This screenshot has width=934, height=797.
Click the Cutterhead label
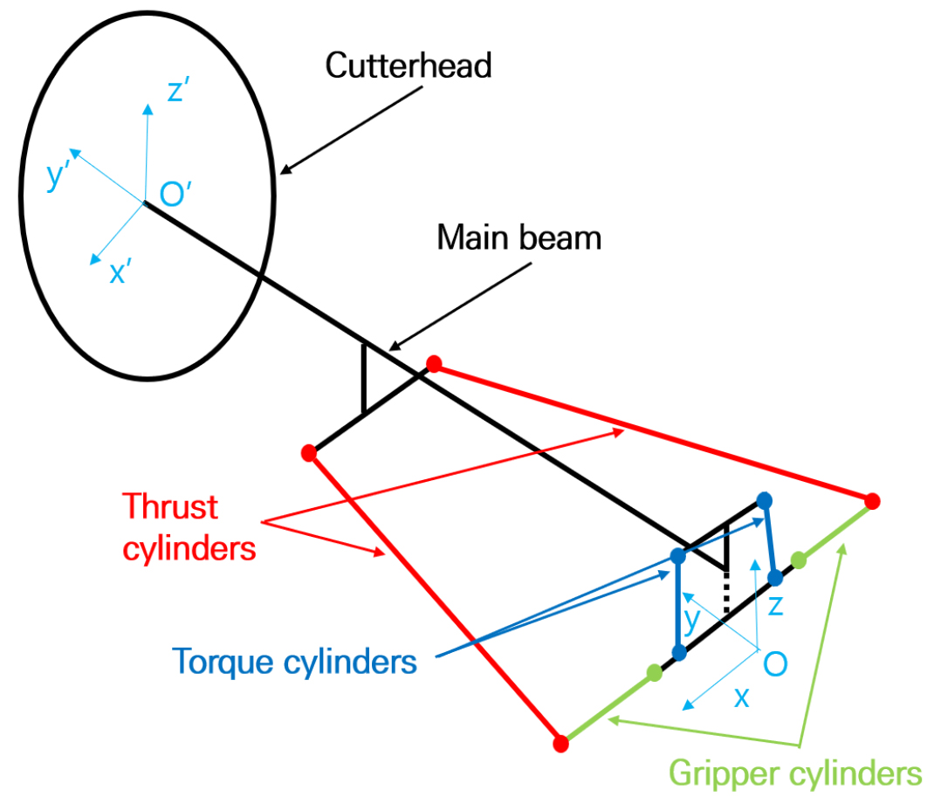tap(409, 66)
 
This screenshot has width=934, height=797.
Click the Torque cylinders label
tap(294, 661)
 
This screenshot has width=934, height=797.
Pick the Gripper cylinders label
tap(795, 773)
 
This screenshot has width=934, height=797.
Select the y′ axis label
tap(60, 176)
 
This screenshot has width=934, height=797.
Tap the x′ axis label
tap(120, 274)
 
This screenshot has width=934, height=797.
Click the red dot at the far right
tap(871, 501)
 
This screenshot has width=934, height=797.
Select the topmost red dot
tap(434, 364)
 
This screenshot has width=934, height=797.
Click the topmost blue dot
tap(765, 499)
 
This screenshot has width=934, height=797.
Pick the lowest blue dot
tap(677, 653)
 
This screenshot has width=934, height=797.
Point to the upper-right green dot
tap(798, 560)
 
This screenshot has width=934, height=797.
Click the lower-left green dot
tap(654, 671)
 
